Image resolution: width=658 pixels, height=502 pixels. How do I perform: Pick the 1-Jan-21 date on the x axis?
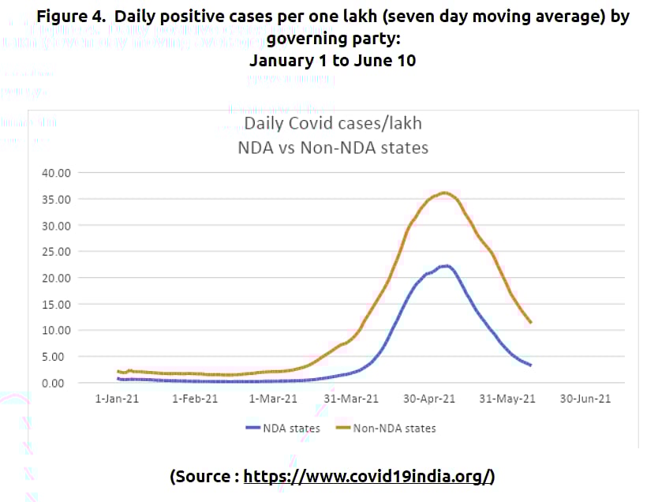[117, 399]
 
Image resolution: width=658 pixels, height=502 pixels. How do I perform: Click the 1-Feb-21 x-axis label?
[195, 399]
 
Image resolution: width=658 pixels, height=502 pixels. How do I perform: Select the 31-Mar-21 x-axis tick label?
[352, 399]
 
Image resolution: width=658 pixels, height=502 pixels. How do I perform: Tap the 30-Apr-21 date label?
[430, 399]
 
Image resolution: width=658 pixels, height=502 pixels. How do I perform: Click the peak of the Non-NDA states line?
[445, 193]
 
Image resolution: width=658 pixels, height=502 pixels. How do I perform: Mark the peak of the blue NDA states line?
[447, 266]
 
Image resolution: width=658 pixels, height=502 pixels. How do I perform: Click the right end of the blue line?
[530, 365]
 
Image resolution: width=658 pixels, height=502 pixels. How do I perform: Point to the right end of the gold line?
[530, 322]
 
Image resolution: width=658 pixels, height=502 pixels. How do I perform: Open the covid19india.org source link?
[368, 476]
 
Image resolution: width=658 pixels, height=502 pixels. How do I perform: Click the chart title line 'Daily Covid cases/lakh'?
[332, 124]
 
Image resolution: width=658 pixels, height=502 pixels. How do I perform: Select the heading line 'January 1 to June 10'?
[332, 60]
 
